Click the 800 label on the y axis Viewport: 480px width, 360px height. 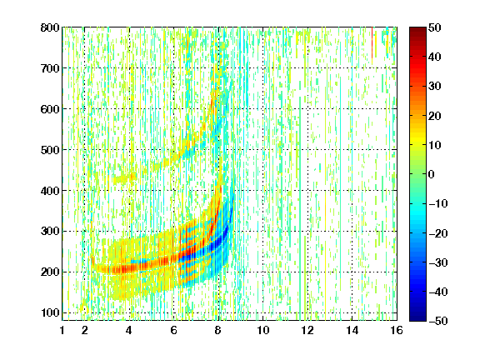(x=50, y=27)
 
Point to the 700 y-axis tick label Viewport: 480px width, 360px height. (x=50, y=68)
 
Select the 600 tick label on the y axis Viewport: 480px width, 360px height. (x=50, y=109)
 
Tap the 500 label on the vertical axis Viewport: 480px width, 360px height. (x=50, y=150)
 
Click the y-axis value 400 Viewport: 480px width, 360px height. (x=50, y=191)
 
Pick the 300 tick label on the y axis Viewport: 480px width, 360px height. (x=50, y=231)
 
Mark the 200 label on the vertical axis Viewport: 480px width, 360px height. (x=50, y=272)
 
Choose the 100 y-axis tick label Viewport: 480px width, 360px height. (x=50, y=312)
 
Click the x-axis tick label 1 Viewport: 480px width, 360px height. (x=62, y=330)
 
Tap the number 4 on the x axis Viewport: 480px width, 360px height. (x=129, y=330)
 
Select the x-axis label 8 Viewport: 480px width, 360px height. (x=218, y=330)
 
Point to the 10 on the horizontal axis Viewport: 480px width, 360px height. (x=262, y=330)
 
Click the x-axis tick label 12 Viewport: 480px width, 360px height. (x=307, y=330)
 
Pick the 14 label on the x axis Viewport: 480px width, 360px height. (x=352, y=330)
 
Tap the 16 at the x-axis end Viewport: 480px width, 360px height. (x=397, y=330)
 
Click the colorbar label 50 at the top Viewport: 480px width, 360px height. (x=435, y=27)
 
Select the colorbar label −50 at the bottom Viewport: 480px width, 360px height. (x=438, y=321)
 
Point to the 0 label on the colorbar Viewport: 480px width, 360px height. (x=432, y=174)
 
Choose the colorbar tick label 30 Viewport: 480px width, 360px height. (x=435, y=86)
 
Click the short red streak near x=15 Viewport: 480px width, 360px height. (x=372, y=42)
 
